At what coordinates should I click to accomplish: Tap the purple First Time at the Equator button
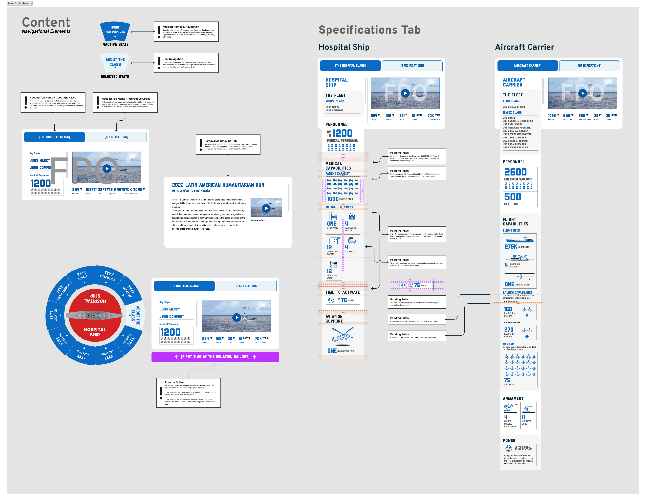(215, 357)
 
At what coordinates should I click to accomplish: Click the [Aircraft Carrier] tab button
(527, 66)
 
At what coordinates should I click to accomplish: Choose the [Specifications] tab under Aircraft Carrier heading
(589, 66)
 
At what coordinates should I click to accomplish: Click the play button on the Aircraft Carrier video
(582, 93)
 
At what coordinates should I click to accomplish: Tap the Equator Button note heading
(174, 382)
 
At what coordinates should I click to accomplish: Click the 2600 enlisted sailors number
(515, 172)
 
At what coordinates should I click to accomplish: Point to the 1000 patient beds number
(333, 199)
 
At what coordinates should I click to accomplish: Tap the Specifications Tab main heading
(369, 30)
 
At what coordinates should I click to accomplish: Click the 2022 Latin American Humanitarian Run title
(218, 185)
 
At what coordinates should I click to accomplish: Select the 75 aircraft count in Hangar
(507, 380)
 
